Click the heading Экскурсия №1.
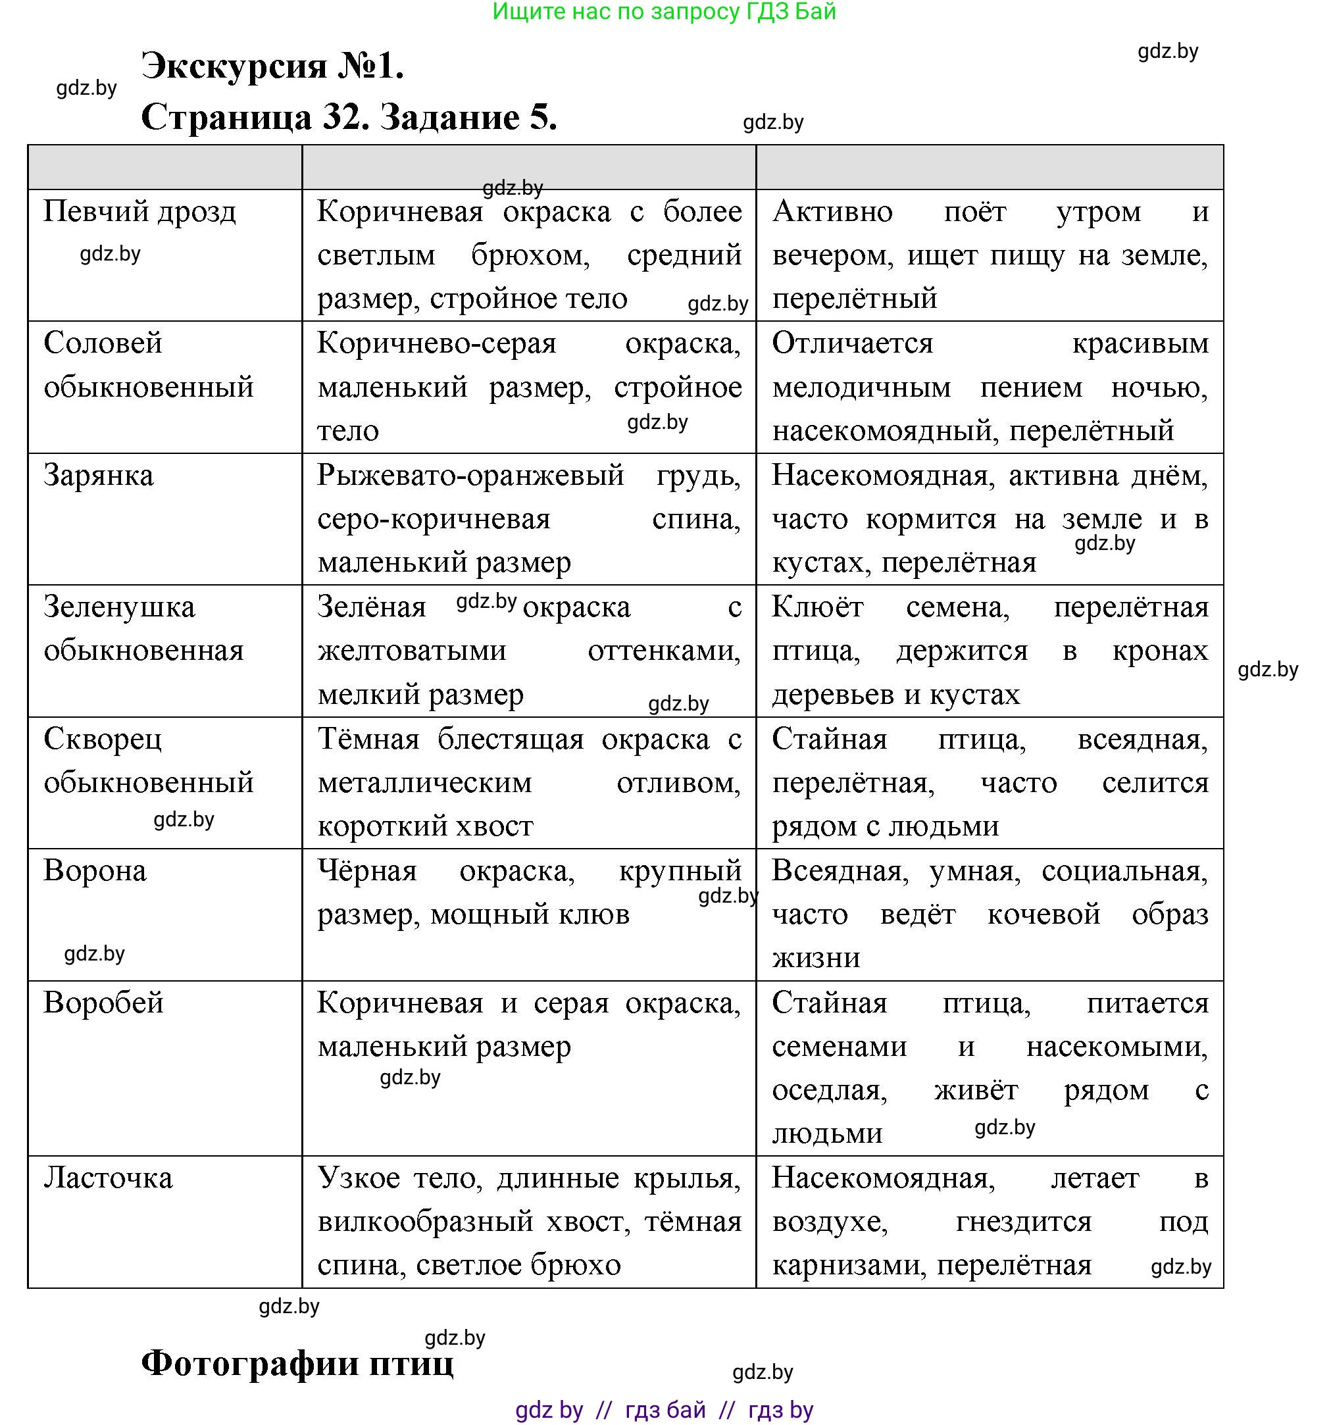click(x=272, y=66)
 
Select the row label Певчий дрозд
click(x=139, y=211)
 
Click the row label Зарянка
click(x=98, y=476)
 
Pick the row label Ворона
click(x=95, y=871)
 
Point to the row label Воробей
click(x=103, y=1003)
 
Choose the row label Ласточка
click(x=107, y=1178)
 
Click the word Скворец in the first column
click(x=103, y=739)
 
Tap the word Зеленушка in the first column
click(x=119, y=607)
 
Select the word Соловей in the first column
click(x=103, y=343)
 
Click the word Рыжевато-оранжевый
click(x=470, y=476)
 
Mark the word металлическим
click(x=424, y=783)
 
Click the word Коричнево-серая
click(x=436, y=343)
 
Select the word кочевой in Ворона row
click(x=1043, y=914)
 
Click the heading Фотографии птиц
click(x=297, y=1363)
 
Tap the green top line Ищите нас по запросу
click(x=663, y=11)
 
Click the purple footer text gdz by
click(x=548, y=1409)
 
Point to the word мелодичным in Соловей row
click(x=861, y=387)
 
